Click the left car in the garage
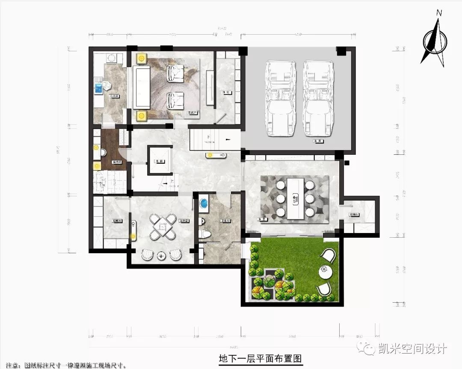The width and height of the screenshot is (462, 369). (280, 98)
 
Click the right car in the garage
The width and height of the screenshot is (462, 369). (318, 98)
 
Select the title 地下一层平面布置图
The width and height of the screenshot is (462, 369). (261, 358)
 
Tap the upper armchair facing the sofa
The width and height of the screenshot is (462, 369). (175, 73)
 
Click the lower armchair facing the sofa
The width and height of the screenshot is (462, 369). (175, 101)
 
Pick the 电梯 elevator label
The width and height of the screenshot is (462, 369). (159, 161)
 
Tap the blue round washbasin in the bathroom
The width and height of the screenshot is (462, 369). (204, 203)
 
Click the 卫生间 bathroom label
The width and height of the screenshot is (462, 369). (225, 221)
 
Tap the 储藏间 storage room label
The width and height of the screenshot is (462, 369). (117, 221)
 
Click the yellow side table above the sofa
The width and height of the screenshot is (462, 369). (141, 58)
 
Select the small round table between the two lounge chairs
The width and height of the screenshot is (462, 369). (161, 256)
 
